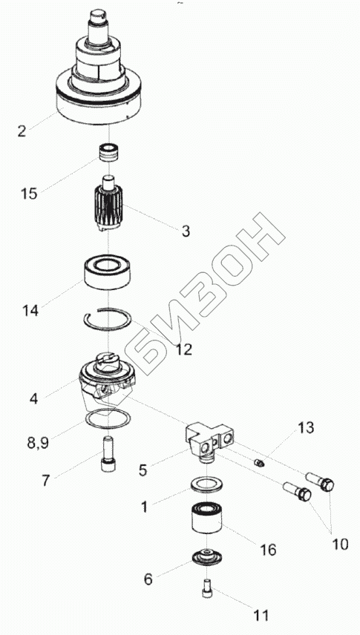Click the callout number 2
[22, 131]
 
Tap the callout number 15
[29, 193]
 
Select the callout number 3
[186, 231]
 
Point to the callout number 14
[30, 311]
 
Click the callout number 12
[183, 349]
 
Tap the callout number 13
[306, 427]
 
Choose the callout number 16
[269, 550]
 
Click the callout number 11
[261, 616]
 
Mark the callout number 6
[148, 579]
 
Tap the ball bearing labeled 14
[108, 272]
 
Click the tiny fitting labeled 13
[258, 461]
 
